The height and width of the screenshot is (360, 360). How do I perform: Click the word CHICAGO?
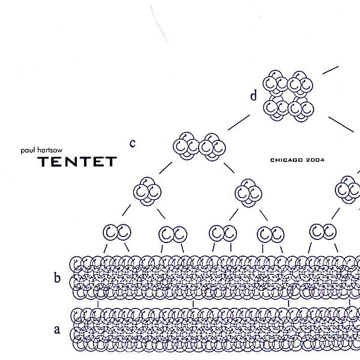(287, 160)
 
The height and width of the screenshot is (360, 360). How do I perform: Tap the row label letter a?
(58, 329)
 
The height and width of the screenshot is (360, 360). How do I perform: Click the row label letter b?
(58, 277)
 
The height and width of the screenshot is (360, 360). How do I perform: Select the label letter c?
(133, 142)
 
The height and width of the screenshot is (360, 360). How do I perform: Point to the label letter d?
(254, 95)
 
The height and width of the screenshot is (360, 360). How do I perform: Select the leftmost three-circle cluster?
(147, 191)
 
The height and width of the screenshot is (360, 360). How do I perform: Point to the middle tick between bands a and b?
(193, 304)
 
